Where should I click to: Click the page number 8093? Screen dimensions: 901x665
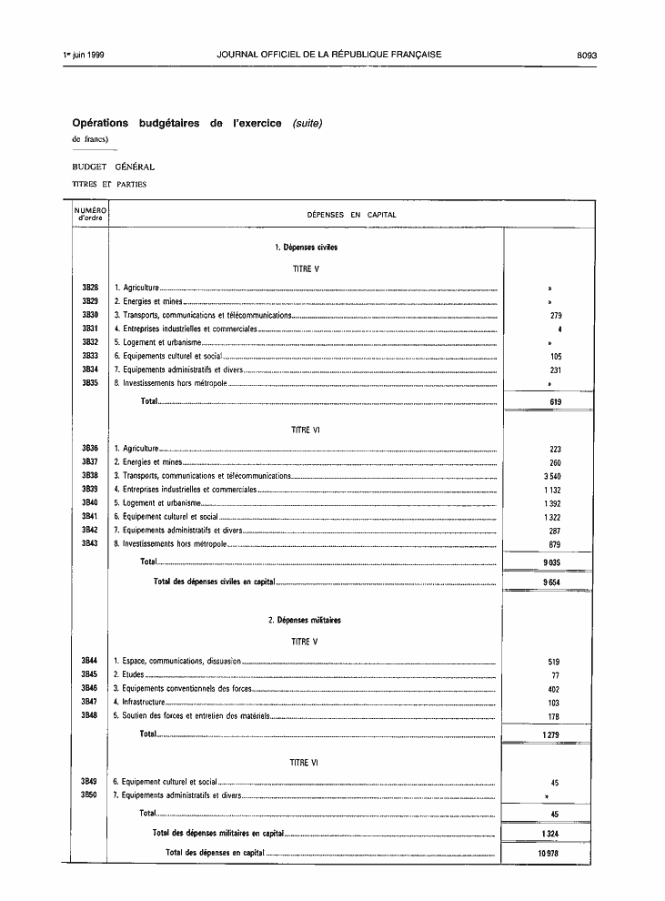(585, 55)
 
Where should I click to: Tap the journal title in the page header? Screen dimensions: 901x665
(329, 55)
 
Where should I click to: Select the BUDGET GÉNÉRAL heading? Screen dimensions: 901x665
(114, 167)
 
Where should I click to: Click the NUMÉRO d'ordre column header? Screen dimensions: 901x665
(90, 214)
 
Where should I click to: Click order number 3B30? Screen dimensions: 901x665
(90, 315)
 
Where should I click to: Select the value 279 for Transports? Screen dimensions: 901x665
(555, 315)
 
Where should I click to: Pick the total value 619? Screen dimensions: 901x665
(555, 401)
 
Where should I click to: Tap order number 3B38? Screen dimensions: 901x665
(90, 475)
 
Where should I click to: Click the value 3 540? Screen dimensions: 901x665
(552, 475)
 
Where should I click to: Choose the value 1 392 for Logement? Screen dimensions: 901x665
(552, 502)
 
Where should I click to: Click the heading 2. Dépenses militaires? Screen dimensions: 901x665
(305, 620)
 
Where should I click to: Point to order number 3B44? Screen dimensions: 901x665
(89, 661)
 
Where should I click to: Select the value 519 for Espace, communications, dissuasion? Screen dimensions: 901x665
(555, 662)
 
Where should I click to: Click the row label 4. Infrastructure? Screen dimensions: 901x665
(139, 703)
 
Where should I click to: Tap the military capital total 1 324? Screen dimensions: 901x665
(549, 833)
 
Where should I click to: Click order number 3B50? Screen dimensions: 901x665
(89, 795)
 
